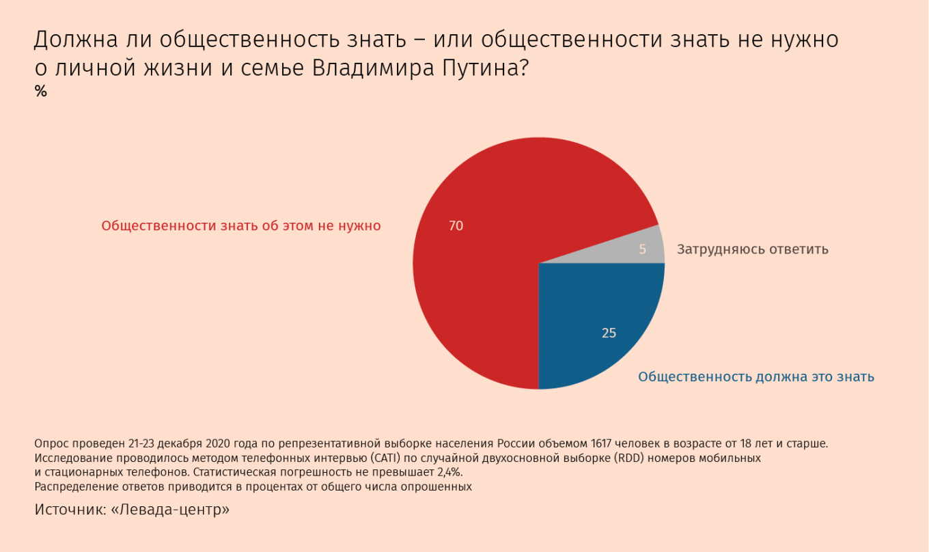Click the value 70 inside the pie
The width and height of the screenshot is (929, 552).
click(456, 226)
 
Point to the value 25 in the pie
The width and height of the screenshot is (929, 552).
click(609, 333)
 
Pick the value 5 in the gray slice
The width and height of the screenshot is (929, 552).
click(642, 249)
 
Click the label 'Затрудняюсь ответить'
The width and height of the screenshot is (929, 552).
click(752, 249)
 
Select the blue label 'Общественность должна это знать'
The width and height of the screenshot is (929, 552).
click(756, 377)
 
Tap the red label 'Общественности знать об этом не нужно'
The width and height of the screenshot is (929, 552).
click(241, 226)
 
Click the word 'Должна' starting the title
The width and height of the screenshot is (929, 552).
click(76, 40)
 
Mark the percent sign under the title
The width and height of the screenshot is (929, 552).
click(41, 92)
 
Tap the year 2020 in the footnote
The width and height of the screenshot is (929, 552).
click(218, 444)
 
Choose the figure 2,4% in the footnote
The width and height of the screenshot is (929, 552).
click(449, 472)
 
